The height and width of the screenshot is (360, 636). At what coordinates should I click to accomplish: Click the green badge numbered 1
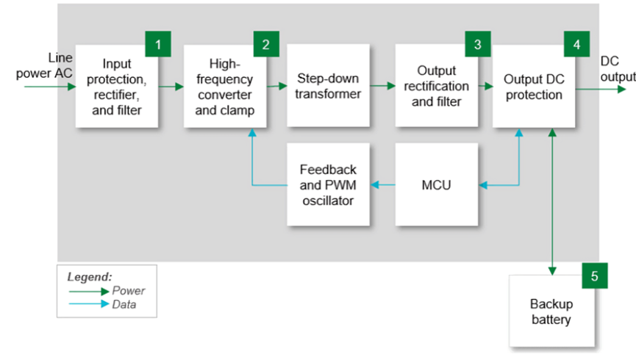[158, 44]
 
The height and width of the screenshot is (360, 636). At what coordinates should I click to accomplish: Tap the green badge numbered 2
[266, 44]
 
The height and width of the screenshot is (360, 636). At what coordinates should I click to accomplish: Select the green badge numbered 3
[478, 44]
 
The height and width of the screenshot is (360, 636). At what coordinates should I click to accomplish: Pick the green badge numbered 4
[576, 44]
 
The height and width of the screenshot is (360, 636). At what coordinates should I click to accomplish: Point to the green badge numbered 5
[595, 276]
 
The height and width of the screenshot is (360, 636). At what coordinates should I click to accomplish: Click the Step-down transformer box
[328, 85]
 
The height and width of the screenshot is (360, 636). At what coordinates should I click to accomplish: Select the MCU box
[437, 184]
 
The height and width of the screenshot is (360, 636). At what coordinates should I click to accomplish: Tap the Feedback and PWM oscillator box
[328, 184]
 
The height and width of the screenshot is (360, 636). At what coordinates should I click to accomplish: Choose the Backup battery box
[551, 311]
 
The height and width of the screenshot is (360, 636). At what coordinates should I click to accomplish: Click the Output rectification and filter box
[437, 85]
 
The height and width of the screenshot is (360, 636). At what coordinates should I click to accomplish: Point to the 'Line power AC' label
[44, 65]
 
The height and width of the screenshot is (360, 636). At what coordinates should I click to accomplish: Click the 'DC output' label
[618, 69]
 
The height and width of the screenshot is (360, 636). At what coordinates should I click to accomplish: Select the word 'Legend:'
[89, 277]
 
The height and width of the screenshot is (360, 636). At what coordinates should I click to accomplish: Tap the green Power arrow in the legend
[89, 291]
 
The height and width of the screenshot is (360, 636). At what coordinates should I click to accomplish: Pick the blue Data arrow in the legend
[89, 303]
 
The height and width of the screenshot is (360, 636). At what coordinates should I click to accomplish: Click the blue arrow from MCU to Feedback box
[382, 185]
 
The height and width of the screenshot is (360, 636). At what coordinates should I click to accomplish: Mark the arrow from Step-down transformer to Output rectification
[382, 86]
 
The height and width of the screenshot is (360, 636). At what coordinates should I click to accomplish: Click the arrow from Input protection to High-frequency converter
[171, 87]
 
